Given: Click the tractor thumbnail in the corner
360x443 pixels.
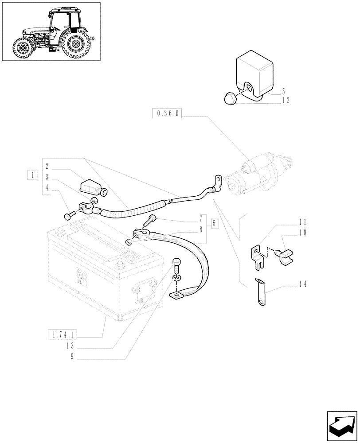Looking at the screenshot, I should [x=51, y=31].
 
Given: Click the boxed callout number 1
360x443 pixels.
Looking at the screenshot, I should [x=31, y=175].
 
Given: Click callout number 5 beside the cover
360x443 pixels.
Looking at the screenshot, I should [x=283, y=92].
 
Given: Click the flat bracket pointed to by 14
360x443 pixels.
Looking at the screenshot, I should [x=259, y=292].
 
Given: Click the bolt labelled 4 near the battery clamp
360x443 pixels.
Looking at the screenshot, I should [x=68, y=216].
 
